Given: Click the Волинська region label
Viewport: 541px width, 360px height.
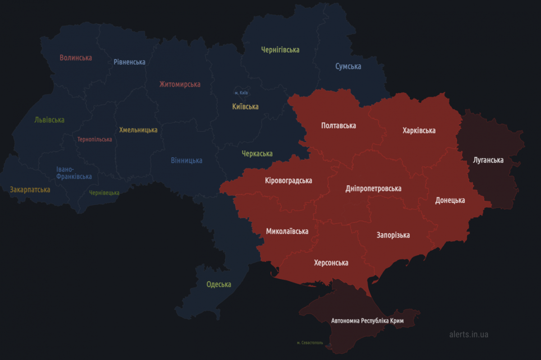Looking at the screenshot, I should click(76, 58).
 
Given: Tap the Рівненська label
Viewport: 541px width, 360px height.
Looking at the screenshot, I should click(129, 62).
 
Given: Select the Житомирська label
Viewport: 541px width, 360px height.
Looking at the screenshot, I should click(180, 84).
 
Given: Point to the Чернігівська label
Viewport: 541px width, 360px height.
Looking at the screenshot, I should click(280, 50).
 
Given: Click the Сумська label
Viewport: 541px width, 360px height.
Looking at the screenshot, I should click(348, 67).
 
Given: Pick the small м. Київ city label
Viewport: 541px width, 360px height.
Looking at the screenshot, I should click(242, 93).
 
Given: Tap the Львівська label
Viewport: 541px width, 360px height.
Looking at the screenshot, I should click(49, 120).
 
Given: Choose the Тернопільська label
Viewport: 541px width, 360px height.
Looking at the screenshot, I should click(95, 139).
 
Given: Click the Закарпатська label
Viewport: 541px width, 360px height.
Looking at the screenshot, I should click(30, 190).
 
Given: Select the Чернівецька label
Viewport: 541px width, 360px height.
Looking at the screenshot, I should click(104, 193).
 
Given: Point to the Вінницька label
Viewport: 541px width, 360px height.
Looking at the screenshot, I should click(187, 160).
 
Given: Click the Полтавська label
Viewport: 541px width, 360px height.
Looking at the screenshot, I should click(339, 125).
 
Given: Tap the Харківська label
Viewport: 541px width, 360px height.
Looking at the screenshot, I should click(419, 131).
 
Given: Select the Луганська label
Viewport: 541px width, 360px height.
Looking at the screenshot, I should click(488, 160).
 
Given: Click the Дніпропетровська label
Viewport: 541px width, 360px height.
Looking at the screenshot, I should click(373, 188).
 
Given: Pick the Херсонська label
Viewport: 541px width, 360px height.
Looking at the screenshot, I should click(331, 263).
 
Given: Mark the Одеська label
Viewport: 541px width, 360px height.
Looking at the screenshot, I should click(219, 284).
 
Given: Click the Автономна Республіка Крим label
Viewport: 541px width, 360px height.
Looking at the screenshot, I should click(367, 321).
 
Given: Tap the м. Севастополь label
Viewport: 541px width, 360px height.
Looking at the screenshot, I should click(310, 343).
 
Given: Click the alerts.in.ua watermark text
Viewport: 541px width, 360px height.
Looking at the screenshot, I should click(468, 335).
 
